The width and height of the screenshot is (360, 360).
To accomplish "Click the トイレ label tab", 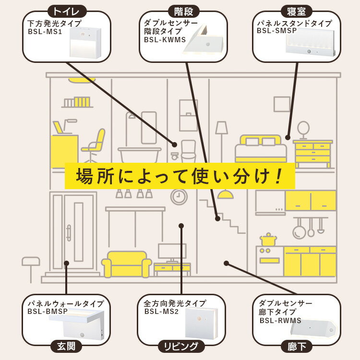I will click(67, 11).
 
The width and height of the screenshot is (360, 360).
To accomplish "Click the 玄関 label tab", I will click(67, 346).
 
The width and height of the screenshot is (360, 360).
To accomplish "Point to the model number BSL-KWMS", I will click(165, 40).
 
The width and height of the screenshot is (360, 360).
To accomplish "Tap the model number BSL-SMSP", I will click(276, 31).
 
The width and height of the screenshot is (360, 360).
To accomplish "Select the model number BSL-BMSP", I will click(48, 312).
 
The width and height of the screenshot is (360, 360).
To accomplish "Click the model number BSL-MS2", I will click(161, 312).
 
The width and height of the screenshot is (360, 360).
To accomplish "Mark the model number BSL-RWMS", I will click(280, 321).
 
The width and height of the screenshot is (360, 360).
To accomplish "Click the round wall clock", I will click(179, 196).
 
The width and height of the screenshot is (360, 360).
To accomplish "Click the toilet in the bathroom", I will click(188, 151).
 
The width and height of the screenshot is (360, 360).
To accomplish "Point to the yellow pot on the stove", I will click(268, 240).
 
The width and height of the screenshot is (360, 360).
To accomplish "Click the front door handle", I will click(69, 232).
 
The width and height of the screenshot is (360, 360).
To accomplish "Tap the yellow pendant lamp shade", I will click(225, 194).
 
